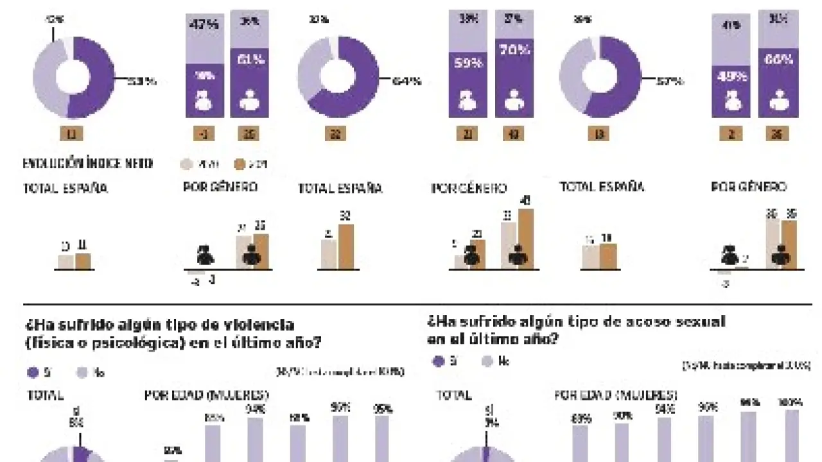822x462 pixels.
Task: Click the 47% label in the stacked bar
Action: click(205, 26)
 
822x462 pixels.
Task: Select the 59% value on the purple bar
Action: click(468, 64)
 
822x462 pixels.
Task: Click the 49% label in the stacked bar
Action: click(731, 76)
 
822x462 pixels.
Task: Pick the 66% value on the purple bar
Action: click(778, 60)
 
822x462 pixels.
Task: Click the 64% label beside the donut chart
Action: click(406, 81)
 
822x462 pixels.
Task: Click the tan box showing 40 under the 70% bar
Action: click(514, 134)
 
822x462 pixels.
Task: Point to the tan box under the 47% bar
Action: click(205, 134)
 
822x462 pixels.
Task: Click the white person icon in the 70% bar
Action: click(514, 100)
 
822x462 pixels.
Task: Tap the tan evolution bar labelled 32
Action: click(345, 246)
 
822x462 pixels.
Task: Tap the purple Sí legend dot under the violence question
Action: click(32, 372)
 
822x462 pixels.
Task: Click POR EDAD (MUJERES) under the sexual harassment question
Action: click(615, 395)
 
